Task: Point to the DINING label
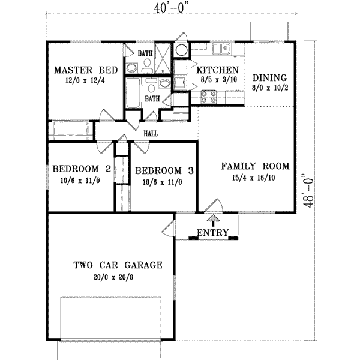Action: coord(269,78)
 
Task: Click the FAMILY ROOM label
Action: coord(255,166)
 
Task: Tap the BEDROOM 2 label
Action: coord(81,170)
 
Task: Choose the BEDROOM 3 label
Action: coord(164,170)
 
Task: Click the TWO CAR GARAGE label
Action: coord(118,265)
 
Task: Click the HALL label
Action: coord(150,133)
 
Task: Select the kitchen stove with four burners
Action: coord(208,94)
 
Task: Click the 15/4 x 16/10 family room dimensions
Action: coord(255,178)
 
